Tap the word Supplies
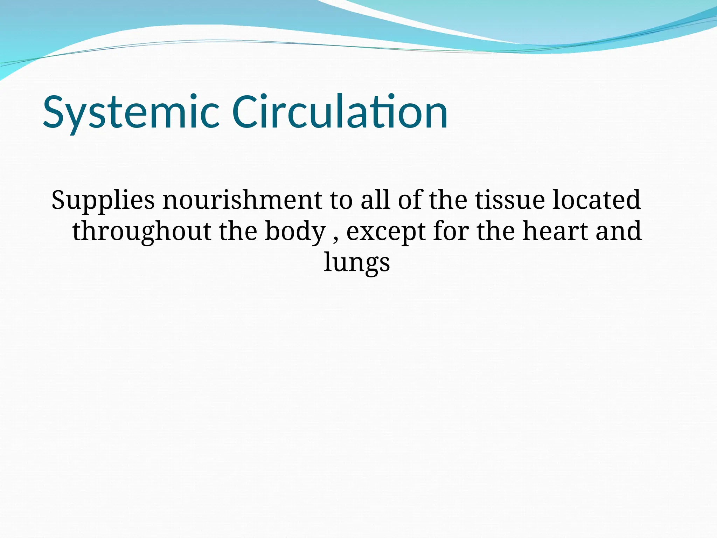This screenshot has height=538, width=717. coord(103,200)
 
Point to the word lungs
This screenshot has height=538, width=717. coord(356,263)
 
